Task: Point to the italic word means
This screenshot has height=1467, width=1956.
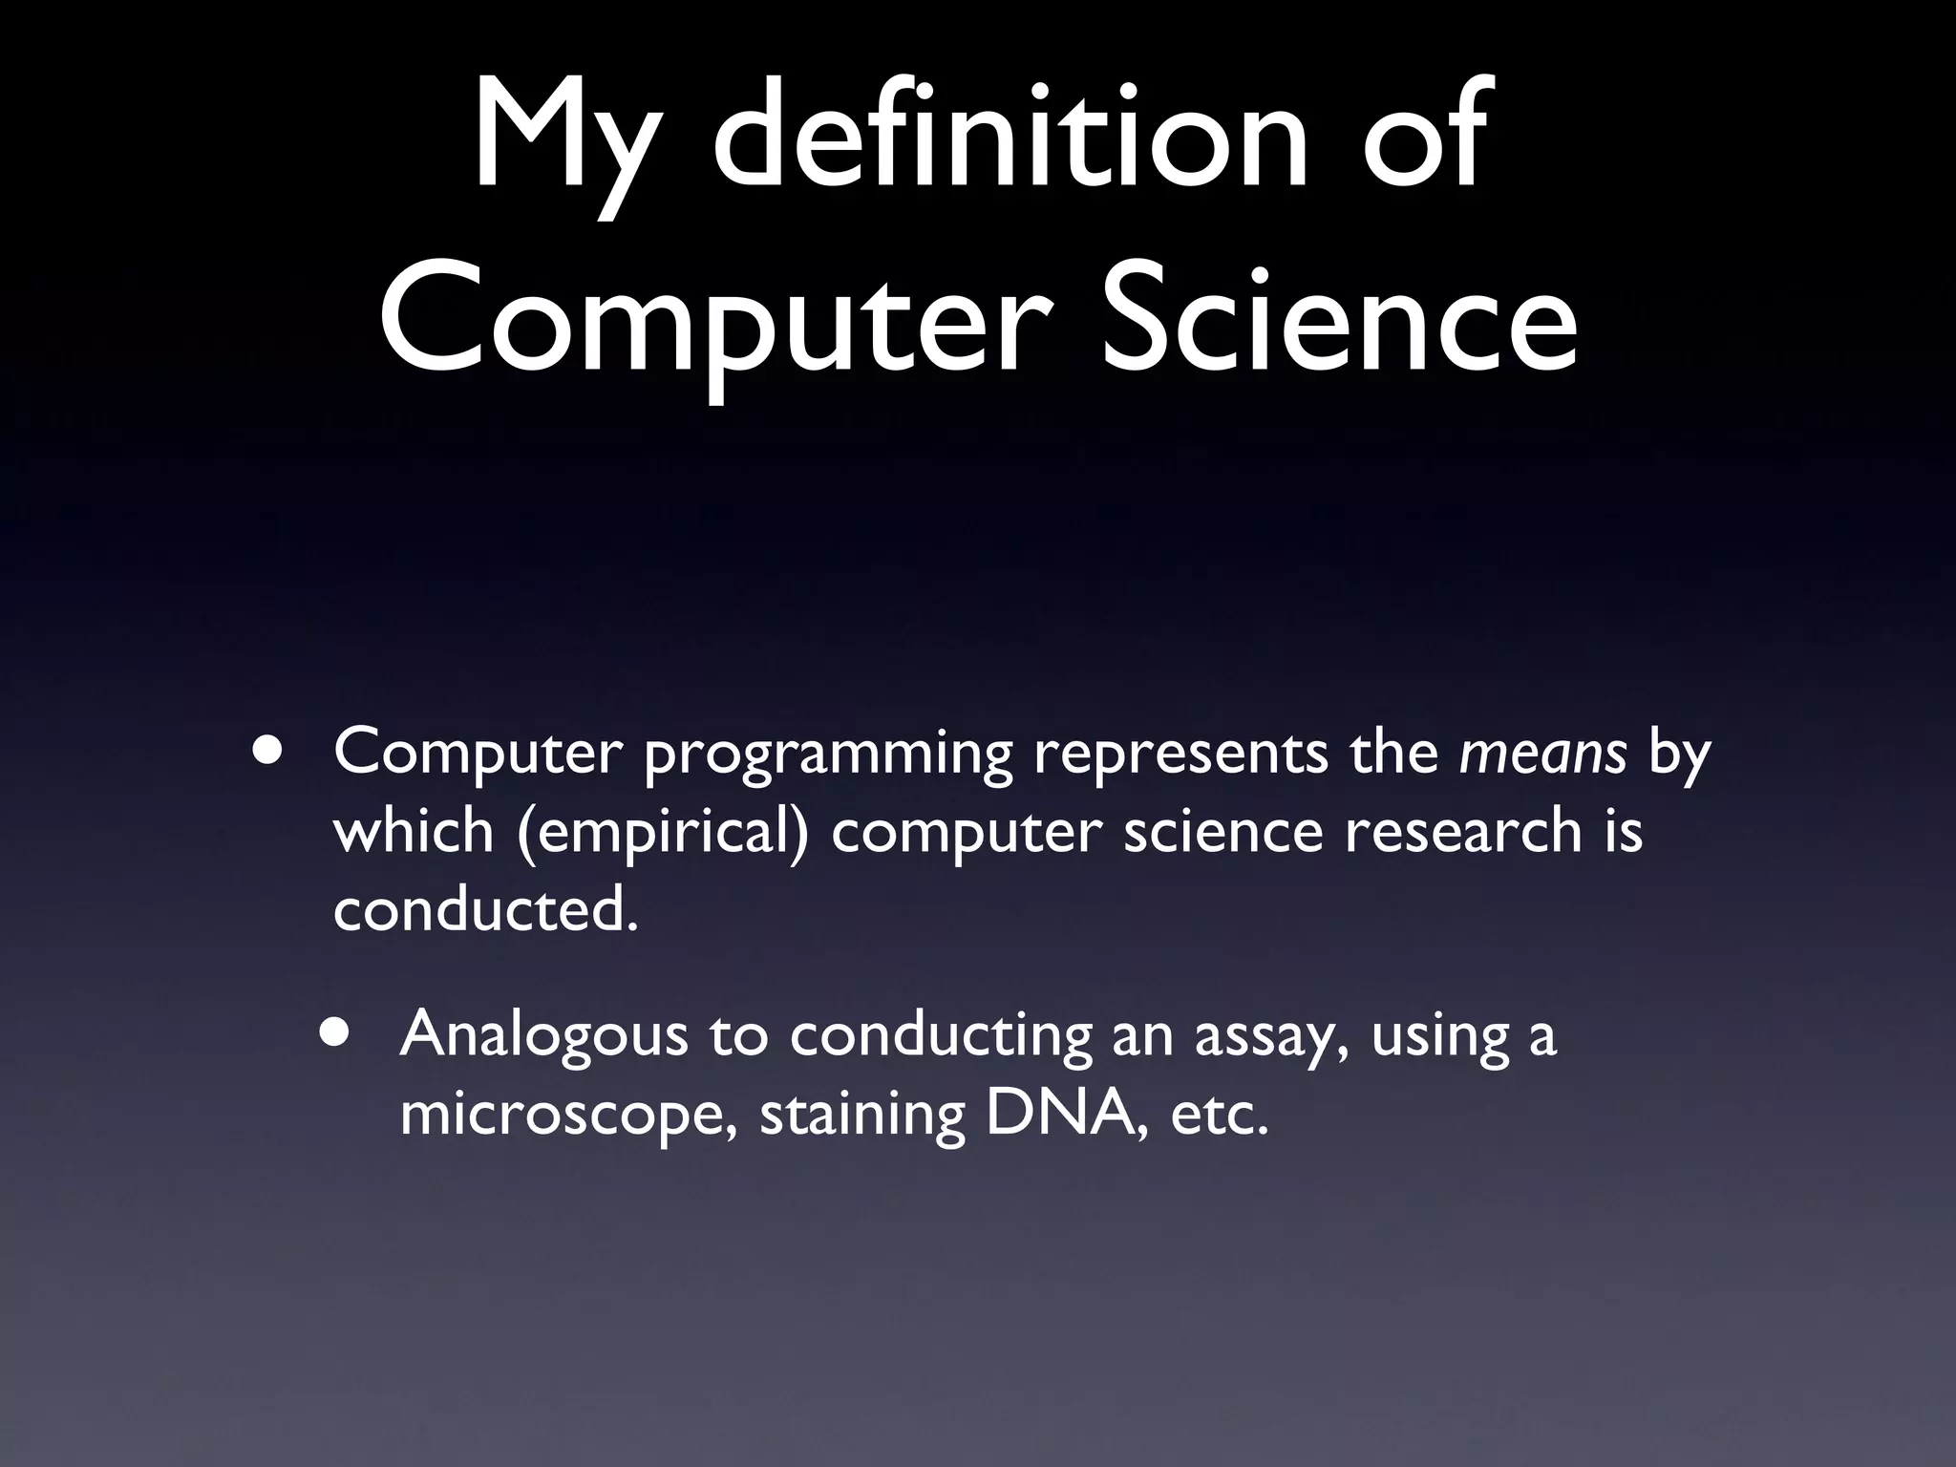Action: (x=1542, y=753)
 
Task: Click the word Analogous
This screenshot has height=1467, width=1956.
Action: (x=543, y=1037)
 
